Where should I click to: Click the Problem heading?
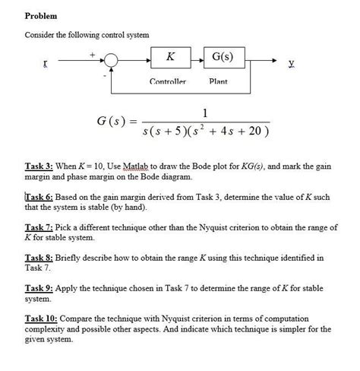(x=42, y=16)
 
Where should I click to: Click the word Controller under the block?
(x=168, y=81)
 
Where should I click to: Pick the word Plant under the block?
(x=219, y=81)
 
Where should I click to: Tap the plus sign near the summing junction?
(x=93, y=53)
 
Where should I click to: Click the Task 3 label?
(x=38, y=164)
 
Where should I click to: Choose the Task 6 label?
(x=39, y=197)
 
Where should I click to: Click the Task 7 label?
(x=38, y=227)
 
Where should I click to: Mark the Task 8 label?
(x=38, y=258)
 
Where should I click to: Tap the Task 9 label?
(x=38, y=290)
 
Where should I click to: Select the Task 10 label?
(x=40, y=320)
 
